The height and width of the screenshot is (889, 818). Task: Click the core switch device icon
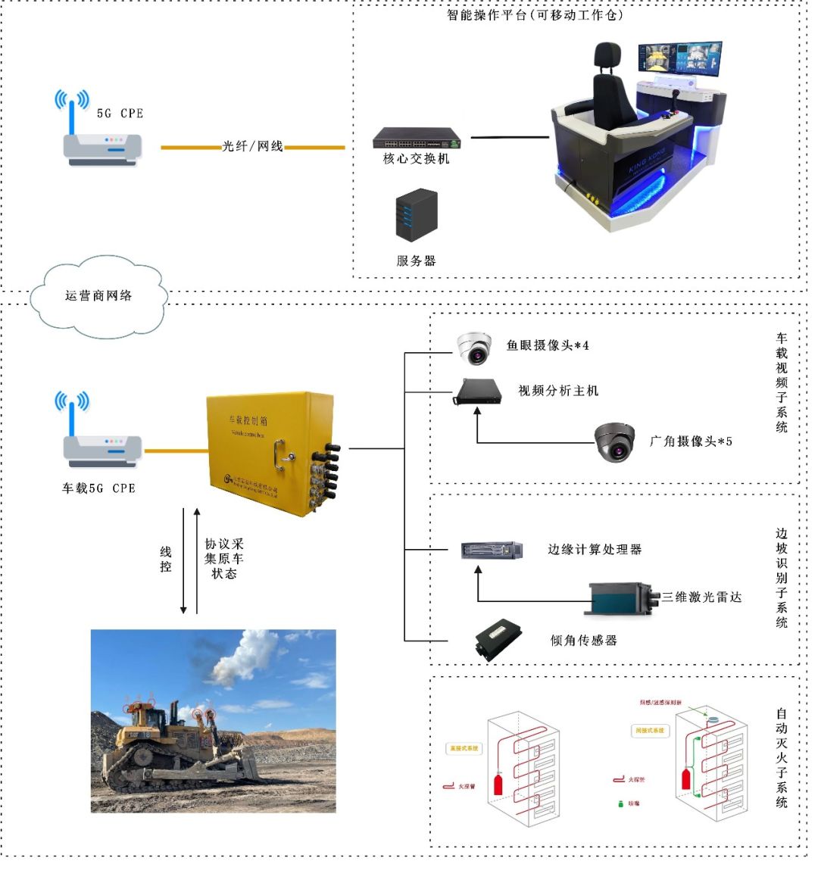point(417,138)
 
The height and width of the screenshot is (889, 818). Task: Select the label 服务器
point(416,260)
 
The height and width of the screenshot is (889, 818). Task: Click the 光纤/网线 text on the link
point(252,146)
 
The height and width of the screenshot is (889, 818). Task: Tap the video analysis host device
point(478,391)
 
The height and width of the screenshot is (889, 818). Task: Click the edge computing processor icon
point(492,551)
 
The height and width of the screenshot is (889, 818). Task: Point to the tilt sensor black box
point(498,640)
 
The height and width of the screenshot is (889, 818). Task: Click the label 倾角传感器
point(583,640)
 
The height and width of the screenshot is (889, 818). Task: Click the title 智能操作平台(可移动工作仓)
point(535,14)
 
